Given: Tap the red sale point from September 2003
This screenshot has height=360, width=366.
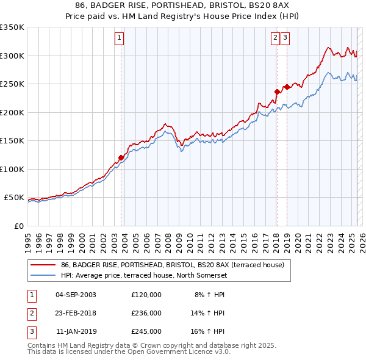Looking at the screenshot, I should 121,157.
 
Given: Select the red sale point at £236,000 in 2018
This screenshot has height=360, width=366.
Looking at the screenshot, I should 276,92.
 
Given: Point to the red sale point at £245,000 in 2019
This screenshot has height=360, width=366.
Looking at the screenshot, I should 286,87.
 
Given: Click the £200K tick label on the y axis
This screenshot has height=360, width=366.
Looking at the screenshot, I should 12,112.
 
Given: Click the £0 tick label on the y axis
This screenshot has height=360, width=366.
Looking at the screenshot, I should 18,226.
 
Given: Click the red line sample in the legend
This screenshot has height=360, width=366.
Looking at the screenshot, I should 43,265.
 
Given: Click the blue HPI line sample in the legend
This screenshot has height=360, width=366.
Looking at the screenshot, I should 43,275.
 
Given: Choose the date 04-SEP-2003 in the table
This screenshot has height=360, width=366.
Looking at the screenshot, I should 76,295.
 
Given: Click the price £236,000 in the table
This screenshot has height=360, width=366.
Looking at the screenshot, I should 146,313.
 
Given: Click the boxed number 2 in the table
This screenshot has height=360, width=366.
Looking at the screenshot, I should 30,313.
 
